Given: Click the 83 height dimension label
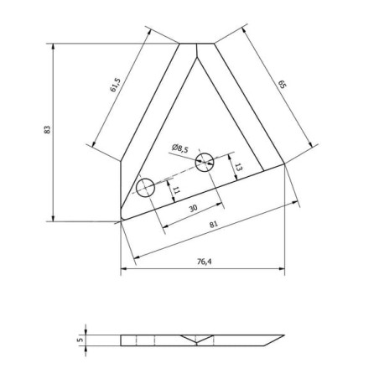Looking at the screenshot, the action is (x=48, y=130).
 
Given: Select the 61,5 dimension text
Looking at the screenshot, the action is (x=115, y=85).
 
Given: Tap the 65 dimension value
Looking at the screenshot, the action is (x=283, y=85).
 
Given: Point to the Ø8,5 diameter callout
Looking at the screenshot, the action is (x=180, y=148).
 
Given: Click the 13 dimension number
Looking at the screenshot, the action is (x=238, y=167).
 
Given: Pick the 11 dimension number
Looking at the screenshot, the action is (x=176, y=190).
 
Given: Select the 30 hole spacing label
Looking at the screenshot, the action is (x=193, y=208).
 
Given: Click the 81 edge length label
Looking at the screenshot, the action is (x=213, y=224).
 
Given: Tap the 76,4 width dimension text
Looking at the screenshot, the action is (x=205, y=262).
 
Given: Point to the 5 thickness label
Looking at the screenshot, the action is (x=80, y=340).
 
